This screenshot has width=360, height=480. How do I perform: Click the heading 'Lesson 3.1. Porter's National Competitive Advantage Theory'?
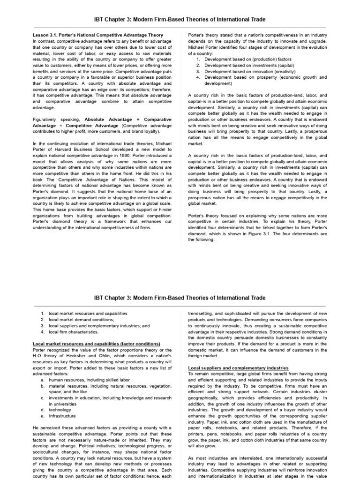click(x=98, y=35)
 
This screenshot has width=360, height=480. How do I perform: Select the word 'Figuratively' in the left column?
click(x=45, y=120)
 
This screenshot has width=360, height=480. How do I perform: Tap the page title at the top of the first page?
click(x=180, y=20)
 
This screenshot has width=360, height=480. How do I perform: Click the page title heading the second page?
click(x=180, y=298)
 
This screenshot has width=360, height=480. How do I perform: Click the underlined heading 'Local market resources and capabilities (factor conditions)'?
click(x=97, y=344)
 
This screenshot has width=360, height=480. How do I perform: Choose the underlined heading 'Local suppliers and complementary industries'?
click(x=238, y=368)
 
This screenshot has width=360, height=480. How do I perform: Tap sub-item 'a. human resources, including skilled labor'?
click(x=87, y=380)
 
